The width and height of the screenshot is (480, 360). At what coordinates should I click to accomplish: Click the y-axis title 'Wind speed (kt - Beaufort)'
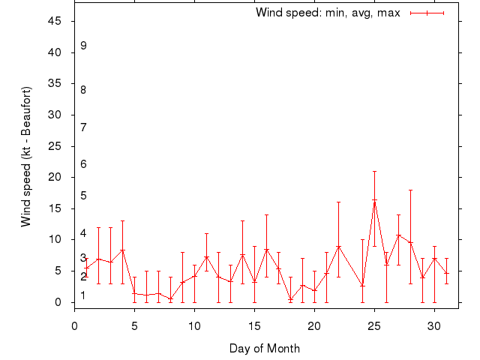coord(26,157)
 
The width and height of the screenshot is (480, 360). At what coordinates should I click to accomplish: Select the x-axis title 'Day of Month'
coord(265,348)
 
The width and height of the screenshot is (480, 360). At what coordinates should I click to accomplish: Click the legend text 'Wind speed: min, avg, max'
coord(328,13)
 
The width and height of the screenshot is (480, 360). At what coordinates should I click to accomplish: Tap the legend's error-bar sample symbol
coord(427,13)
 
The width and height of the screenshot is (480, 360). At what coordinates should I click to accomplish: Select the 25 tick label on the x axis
coord(374,325)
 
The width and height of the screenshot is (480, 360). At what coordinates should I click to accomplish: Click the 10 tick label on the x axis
coord(194,325)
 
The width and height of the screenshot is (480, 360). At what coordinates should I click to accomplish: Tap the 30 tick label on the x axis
coord(434,325)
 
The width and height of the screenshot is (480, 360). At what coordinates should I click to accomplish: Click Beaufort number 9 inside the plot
coord(84,46)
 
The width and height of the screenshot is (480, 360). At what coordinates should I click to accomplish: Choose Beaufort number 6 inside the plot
coord(84,163)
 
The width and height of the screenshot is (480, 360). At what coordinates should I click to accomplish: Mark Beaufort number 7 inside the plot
coord(84,127)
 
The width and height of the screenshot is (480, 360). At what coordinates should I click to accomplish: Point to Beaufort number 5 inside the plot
coord(84,196)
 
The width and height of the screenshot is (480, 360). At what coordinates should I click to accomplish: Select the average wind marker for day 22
coord(338,247)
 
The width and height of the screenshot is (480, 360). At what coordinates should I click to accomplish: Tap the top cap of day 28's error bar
coord(410,190)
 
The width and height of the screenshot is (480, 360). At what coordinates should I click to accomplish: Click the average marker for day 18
coord(290,299)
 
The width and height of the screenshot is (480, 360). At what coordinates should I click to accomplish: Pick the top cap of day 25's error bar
coord(374,171)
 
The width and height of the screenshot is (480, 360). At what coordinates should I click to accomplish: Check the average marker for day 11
coord(206,257)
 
